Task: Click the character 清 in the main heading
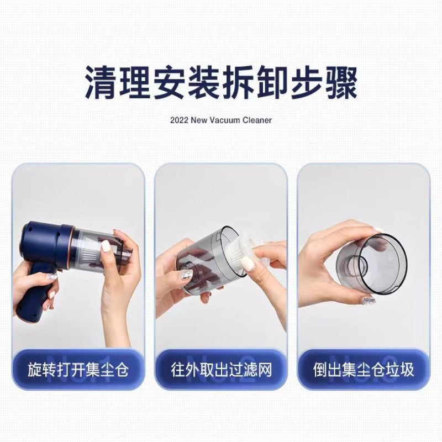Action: coord(101,82)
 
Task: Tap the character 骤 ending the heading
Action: coord(341,82)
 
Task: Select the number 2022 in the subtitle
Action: coord(179,120)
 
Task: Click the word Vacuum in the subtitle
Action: coord(224,120)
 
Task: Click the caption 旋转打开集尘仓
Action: coord(78,370)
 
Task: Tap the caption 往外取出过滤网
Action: coord(222,370)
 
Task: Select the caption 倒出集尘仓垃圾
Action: coord(364,370)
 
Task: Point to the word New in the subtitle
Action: coord(198,120)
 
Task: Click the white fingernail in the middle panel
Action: coord(248,263)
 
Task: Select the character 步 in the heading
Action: coord(307,82)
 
